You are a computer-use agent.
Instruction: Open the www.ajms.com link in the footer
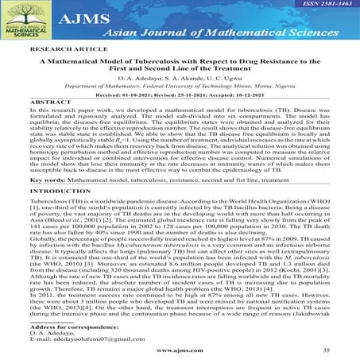pyautogui.click(x=180, y=351)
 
